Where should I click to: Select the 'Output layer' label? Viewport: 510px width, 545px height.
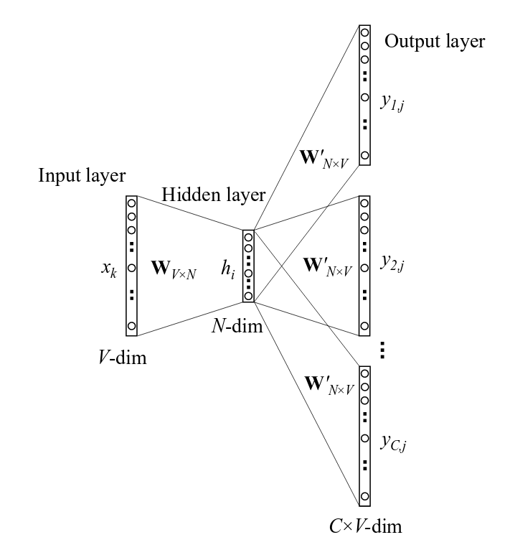[x=435, y=42]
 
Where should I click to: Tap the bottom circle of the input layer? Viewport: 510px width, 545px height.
[x=131, y=327]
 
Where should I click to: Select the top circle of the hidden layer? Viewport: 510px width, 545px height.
[x=248, y=236]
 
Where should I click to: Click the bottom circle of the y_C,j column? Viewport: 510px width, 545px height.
[x=365, y=497]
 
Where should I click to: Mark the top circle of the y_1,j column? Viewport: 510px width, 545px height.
[x=365, y=32]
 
